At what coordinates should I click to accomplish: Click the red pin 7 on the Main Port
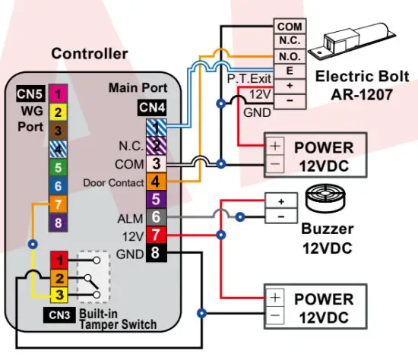click(156, 235)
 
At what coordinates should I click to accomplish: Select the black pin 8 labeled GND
click(156, 253)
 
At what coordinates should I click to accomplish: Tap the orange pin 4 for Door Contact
click(156, 182)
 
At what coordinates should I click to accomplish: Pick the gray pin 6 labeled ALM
click(156, 217)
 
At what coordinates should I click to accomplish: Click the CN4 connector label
click(152, 109)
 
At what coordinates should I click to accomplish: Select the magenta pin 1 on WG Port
click(58, 94)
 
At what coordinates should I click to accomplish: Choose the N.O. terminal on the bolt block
click(290, 55)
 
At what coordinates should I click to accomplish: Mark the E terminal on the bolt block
click(290, 69)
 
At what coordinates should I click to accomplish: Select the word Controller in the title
click(90, 54)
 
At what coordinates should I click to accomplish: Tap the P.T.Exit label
click(248, 78)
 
